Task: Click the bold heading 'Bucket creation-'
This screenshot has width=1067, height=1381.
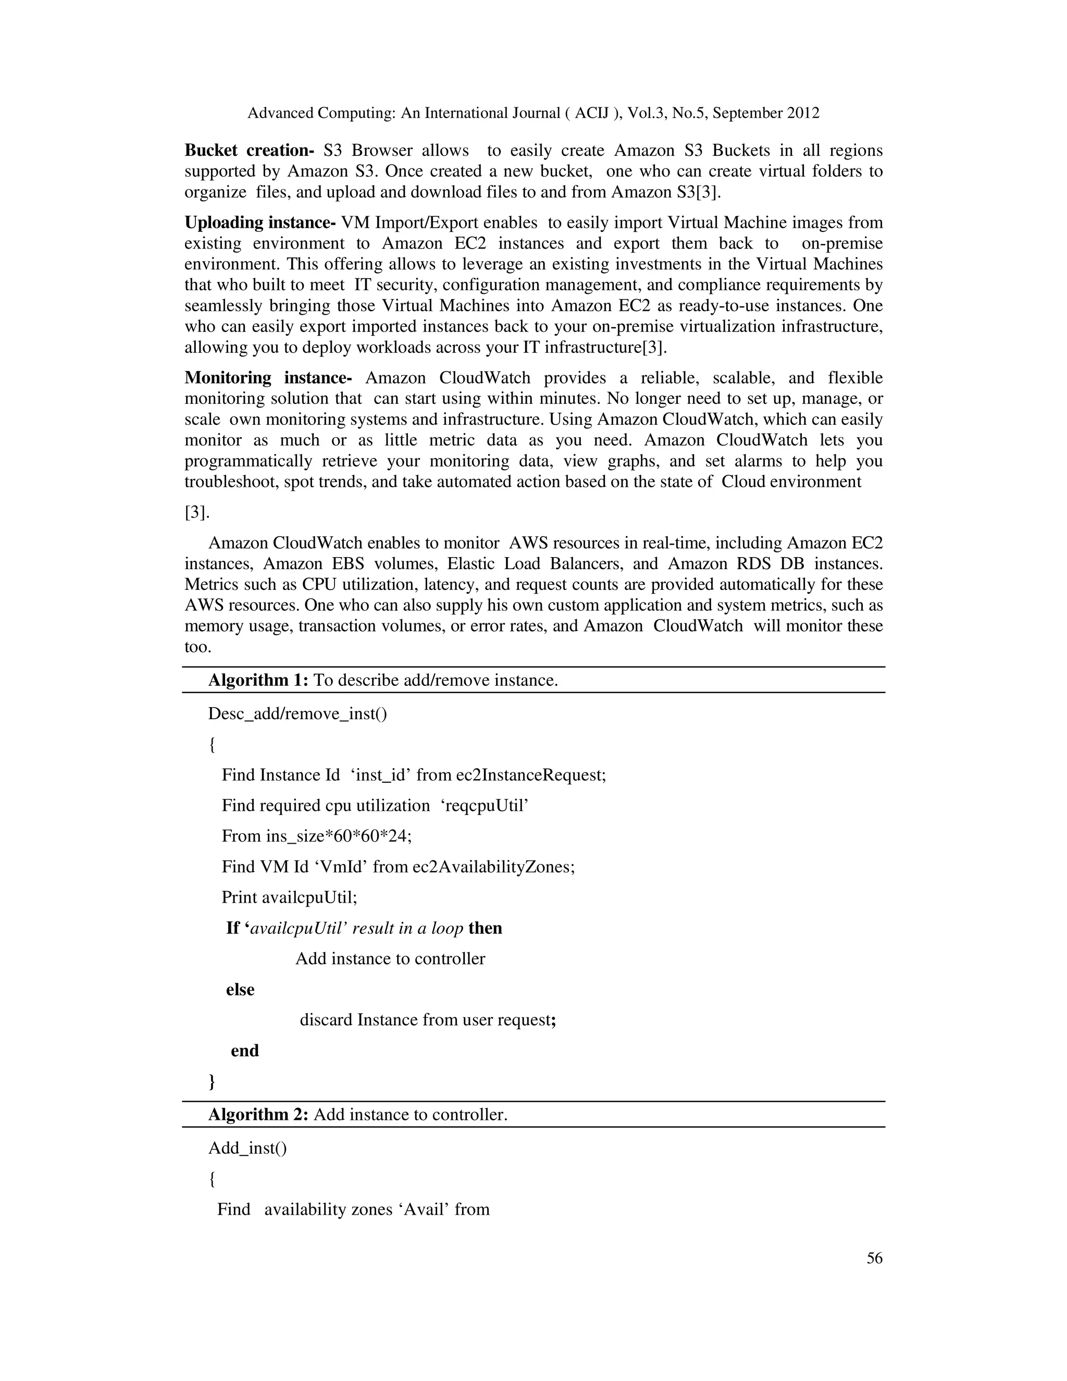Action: coord(249,151)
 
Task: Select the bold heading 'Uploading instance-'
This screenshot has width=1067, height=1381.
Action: coord(260,223)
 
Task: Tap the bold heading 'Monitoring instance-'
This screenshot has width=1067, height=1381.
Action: coord(268,378)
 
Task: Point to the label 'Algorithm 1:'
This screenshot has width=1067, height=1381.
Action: coord(258,681)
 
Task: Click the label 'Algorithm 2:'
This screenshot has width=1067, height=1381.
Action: coord(258,1114)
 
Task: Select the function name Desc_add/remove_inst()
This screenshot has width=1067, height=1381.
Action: coord(297,714)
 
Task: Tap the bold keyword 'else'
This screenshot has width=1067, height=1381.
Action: coord(240,990)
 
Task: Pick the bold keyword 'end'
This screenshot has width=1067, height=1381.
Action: coord(245,1051)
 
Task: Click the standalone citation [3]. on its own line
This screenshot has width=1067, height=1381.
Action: coord(196,512)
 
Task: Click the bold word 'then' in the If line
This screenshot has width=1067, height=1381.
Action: coord(485,928)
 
